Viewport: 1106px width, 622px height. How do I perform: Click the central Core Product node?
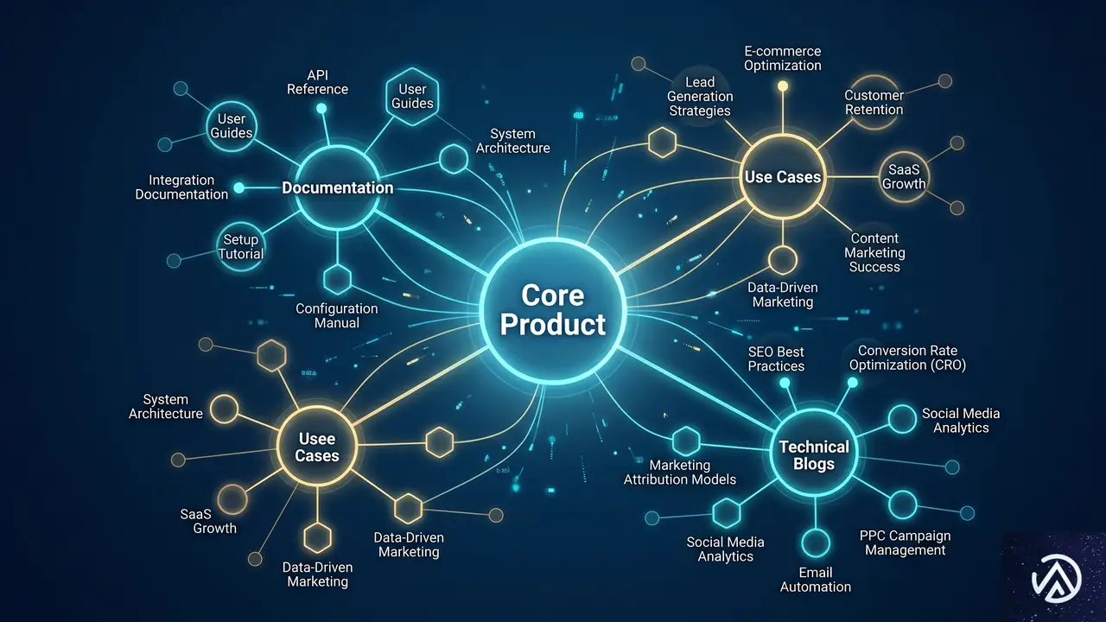[x=552, y=311]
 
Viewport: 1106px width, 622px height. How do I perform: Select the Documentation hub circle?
[x=338, y=187]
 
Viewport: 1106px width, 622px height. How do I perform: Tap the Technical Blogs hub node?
[x=814, y=454]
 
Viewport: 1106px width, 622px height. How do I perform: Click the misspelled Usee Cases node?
[x=317, y=447]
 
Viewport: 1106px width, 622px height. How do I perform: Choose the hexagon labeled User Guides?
[x=412, y=96]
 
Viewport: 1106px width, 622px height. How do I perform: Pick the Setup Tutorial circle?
[x=241, y=246]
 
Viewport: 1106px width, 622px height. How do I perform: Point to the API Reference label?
[x=317, y=82]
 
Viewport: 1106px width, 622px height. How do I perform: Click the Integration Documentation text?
[x=181, y=187]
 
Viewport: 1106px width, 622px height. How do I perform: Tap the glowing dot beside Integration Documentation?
[x=239, y=187]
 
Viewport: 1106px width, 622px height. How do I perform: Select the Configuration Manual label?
[x=337, y=316]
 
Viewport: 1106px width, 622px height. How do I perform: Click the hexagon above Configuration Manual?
[x=337, y=279]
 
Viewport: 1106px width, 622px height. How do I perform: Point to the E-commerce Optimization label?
[x=783, y=58]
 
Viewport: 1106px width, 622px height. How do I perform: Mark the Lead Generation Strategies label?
[x=700, y=96]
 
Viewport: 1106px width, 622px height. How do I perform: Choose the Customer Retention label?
[x=874, y=102]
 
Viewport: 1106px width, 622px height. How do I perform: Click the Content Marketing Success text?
[x=874, y=252]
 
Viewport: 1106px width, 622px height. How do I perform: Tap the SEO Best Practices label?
[x=776, y=359]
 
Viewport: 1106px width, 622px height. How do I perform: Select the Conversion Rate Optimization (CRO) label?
[x=907, y=358]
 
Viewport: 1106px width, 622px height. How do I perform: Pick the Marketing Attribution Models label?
[x=680, y=472]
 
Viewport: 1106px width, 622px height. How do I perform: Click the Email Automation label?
[x=815, y=580]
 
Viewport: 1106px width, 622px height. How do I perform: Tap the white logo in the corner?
[x=1057, y=579]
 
